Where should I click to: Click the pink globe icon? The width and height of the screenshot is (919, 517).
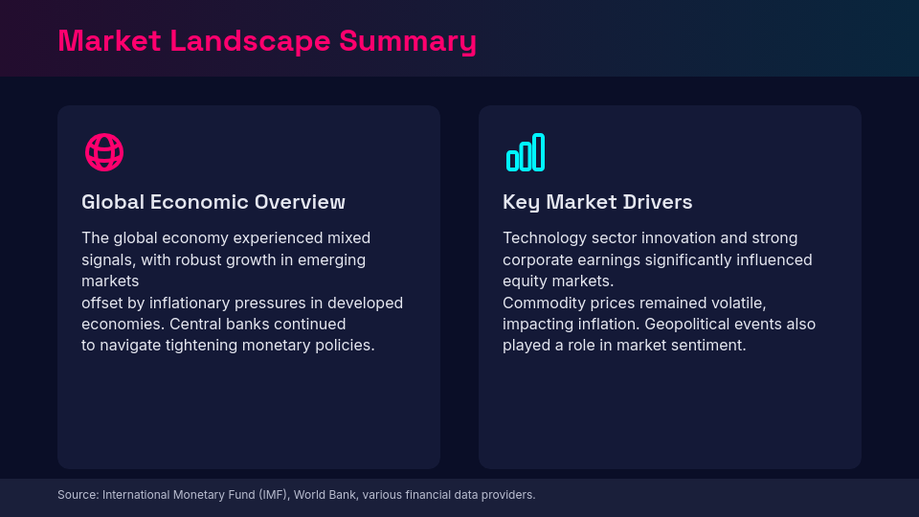tap(104, 152)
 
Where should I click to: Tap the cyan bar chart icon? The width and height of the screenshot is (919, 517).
tap(526, 152)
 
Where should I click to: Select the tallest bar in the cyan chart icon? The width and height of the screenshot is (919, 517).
tap(539, 152)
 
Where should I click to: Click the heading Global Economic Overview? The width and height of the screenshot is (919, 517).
tap(213, 202)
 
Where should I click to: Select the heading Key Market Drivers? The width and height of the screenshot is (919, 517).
tap(597, 202)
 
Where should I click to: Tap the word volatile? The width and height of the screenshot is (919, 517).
tap(737, 303)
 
